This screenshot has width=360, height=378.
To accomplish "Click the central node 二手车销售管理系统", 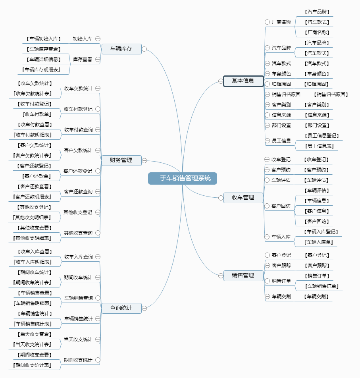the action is pyautogui.click(x=183, y=178).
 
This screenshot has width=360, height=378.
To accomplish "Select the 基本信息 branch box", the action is pyautogui.click(x=243, y=81).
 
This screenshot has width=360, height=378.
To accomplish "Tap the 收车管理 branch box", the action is pyautogui.click(x=243, y=198).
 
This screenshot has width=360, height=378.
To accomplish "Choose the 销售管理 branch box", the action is pyautogui.click(x=243, y=276).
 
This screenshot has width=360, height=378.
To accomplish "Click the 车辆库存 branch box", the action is pyautogui.click(x=121, y=49).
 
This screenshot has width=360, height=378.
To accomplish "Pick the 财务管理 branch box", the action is pyautogui.click(x=121, y=160).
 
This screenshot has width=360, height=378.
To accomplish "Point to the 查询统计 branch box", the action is pyautogui.click(x=121, y=308).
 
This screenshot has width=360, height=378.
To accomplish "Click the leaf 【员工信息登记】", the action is pyautogui.click(x=321, y=136).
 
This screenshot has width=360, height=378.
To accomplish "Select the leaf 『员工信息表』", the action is pyautogui.click(x=319, y=146).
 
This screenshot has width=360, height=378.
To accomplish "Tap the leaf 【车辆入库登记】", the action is pyautogui.click(x=321, y=232).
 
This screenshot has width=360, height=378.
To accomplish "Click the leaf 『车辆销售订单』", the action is pyautogui.click(x=321, y=286).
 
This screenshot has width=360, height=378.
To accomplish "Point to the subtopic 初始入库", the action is pyautogui.click(x=83, y=39).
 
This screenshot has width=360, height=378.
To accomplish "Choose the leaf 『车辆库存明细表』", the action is pyautogui.click(x=41, y=70).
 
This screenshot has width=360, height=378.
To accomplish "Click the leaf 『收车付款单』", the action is pyautogui.click(x=37, y=114).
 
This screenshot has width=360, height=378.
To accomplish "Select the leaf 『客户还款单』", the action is pyautogui.click(x=37, y=176).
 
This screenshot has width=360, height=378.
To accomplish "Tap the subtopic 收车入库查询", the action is pyautogui.click(x=79, y=257).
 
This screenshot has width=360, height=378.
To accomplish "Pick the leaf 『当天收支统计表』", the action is pyautogui.click(x=32, y=345).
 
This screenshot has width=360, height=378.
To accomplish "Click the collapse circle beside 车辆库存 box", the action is pyautogui.click(x=144, y=49).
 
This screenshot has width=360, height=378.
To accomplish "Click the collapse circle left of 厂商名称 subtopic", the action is pyautogui.click(x=267, y=22).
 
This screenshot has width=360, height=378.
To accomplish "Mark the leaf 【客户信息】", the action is pyautogui.click(x=317, y=211).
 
